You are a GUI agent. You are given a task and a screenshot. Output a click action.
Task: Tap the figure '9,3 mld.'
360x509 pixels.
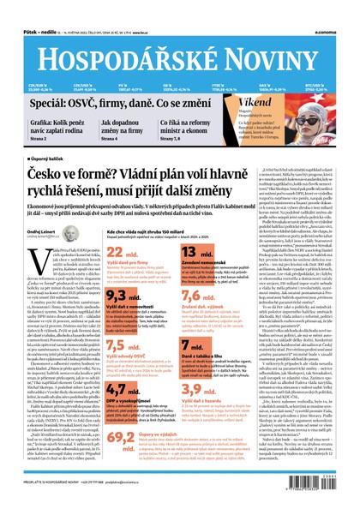pos(121,295)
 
